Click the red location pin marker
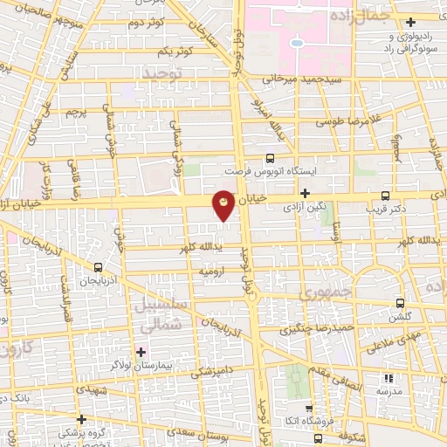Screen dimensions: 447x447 click(224, 204)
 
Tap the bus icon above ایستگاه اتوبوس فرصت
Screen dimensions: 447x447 click(270, 158)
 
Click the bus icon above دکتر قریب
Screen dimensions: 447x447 click(385, 196)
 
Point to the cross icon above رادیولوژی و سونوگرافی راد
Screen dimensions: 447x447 click(410, 21)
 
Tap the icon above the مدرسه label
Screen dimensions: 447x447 click(389, 378)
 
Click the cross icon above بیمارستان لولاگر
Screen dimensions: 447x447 click(140, 352)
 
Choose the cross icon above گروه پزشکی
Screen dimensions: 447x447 click(81, 418)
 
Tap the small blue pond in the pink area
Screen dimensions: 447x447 click(297, 42)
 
